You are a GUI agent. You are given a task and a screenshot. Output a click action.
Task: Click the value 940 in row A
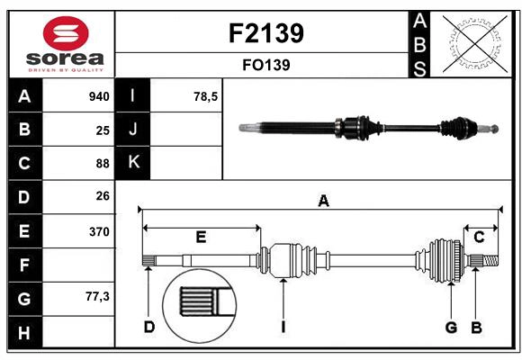98,96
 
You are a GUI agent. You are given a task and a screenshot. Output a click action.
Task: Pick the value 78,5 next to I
206,96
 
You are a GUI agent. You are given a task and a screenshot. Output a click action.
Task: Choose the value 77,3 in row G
97,296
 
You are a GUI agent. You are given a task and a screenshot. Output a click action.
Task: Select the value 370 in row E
98,231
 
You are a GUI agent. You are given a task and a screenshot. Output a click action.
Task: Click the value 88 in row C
102,163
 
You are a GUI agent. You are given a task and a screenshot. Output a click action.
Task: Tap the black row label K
133,163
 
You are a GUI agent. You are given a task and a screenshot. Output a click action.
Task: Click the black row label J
133,130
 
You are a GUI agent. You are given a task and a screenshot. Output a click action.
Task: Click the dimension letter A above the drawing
322,202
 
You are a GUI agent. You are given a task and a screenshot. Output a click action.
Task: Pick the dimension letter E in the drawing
201,238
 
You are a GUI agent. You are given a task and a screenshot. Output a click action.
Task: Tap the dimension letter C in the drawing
480,238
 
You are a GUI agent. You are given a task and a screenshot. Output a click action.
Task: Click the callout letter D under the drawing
148,327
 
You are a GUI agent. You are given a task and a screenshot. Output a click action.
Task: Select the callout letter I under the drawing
283,327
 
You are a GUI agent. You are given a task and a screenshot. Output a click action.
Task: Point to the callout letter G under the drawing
450,327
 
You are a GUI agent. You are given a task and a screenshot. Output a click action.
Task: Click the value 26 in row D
102,196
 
